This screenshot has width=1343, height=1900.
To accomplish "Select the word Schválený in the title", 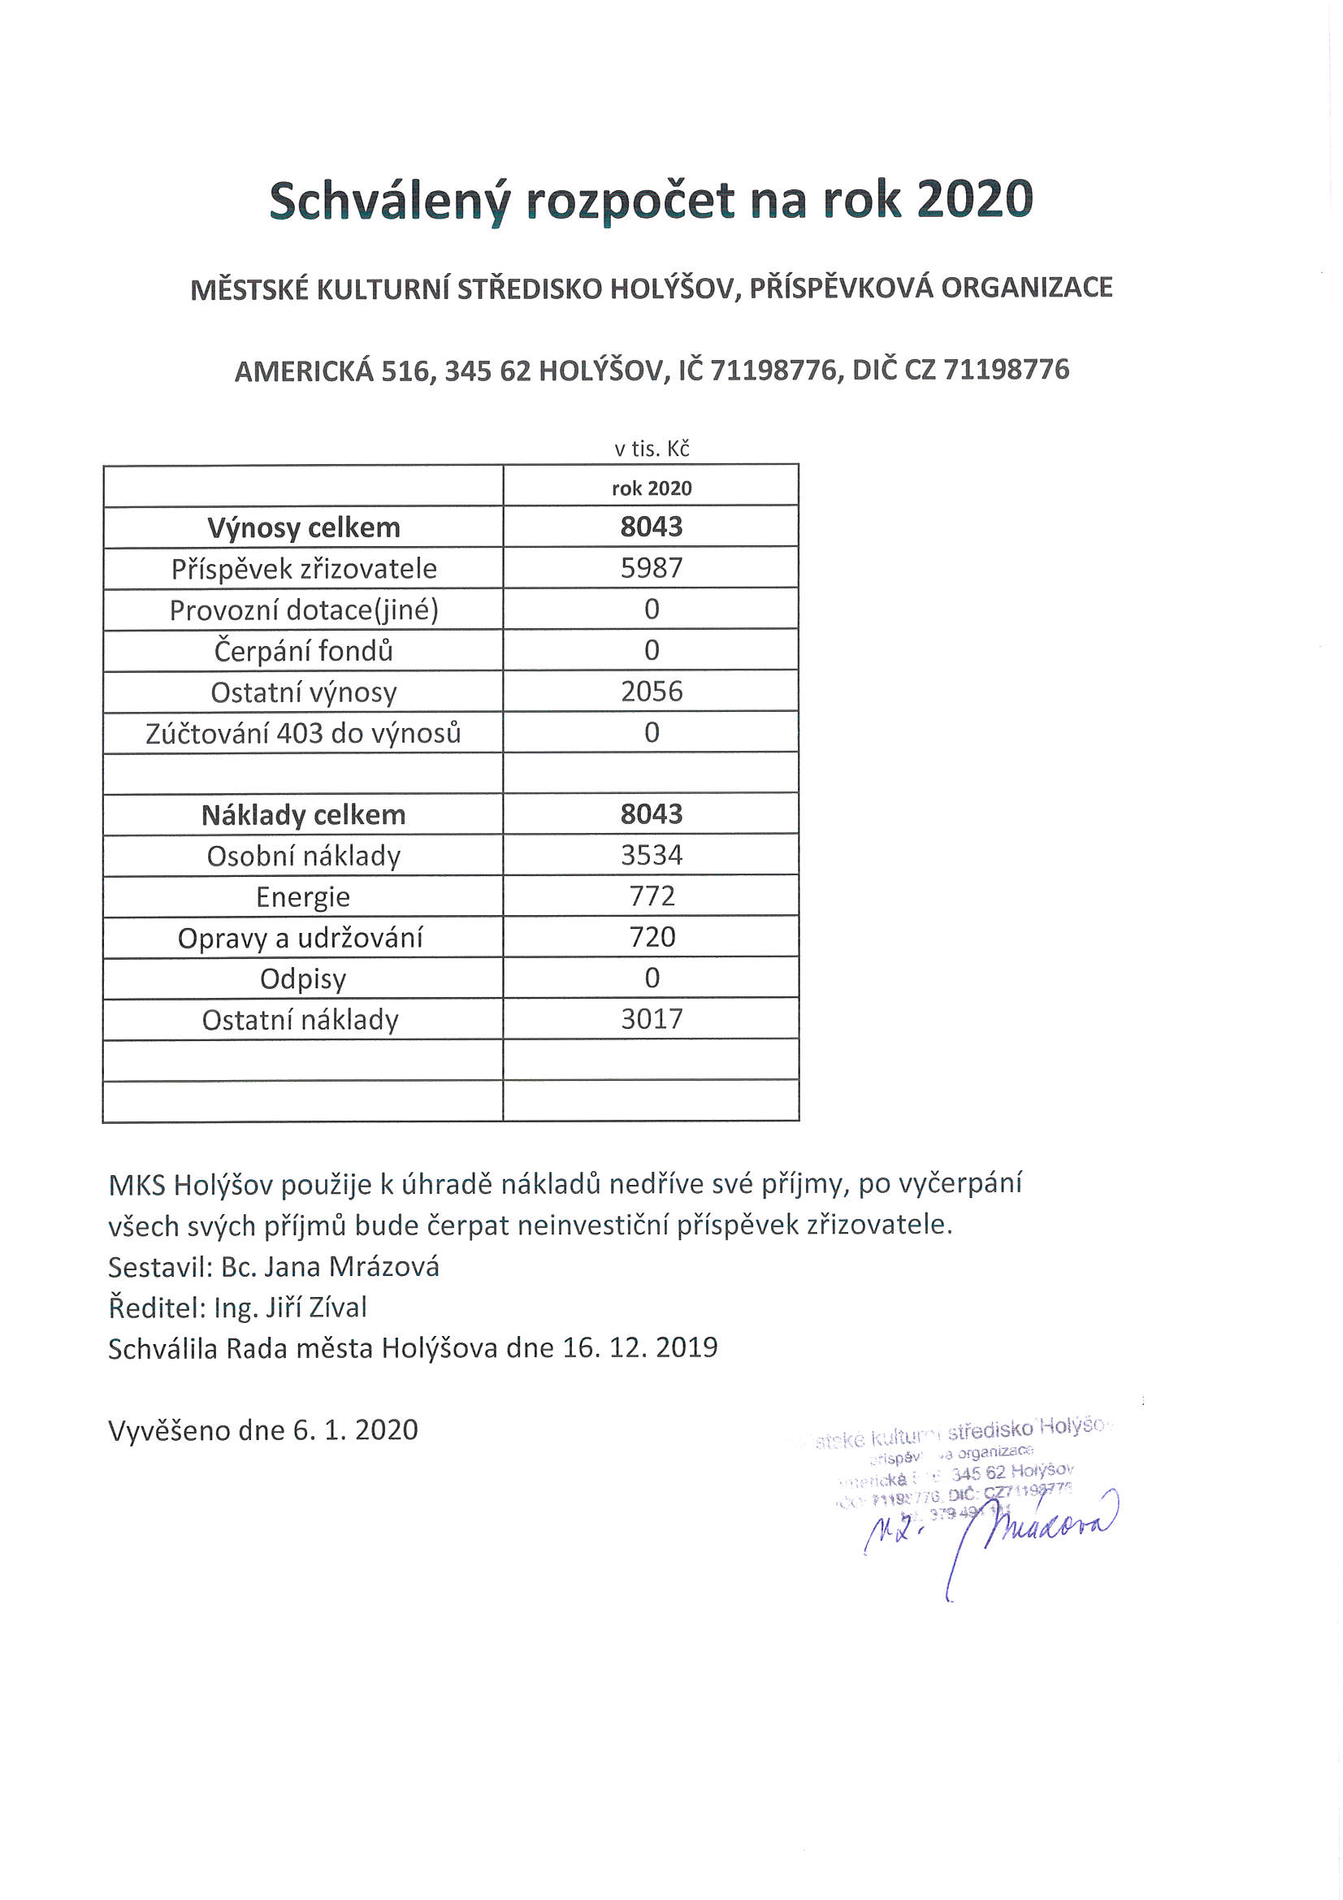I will pos(386,201).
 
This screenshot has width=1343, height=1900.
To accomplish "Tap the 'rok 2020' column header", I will pos(652,488).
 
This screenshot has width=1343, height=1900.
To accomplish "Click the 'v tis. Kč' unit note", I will pos(652,449).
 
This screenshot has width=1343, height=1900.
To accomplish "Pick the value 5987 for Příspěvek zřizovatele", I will pos(652,569).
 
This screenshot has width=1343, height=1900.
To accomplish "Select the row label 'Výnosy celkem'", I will pos(303,527).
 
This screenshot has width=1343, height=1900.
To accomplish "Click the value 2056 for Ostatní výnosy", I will pos(652,692).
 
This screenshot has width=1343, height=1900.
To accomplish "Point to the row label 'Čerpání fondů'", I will pos(303,651).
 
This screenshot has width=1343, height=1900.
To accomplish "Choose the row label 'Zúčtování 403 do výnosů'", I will pos(303,733).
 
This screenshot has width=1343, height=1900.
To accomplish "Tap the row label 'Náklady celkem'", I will pos(303,815).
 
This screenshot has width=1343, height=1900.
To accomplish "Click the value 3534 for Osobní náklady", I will pos(652,855).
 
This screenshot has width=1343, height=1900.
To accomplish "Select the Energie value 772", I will pos(652,896).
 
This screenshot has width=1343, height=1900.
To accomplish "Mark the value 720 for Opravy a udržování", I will pos(652,937).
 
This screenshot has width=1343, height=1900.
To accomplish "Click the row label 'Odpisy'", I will pos(303,979).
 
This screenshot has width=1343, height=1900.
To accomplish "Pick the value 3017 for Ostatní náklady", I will pos(652,1019).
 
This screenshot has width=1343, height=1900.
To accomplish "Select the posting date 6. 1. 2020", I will pos(355,1430).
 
